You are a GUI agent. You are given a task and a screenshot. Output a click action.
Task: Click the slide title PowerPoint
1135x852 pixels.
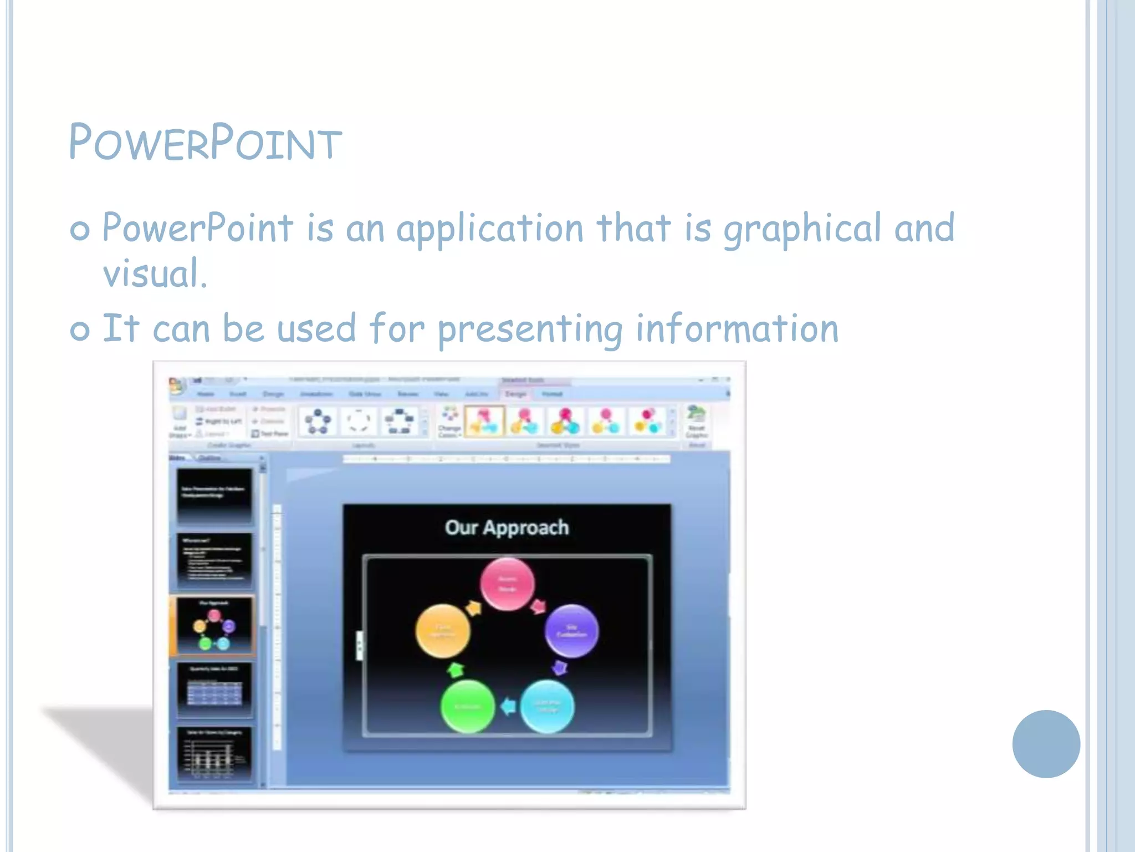tap(205, 143)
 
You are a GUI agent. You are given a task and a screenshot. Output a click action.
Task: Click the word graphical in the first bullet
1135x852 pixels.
tap(802, 229)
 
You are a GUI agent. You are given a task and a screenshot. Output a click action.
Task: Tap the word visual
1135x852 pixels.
tap(155, 273)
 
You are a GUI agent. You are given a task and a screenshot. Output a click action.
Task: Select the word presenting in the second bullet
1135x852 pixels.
tap(530, 329)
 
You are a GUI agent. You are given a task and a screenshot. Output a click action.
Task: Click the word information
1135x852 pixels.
tap(737, 328)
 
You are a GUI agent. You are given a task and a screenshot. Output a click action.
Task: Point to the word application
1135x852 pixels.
tap(489, 229)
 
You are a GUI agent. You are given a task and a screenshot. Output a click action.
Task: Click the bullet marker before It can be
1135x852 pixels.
tap(80, 331)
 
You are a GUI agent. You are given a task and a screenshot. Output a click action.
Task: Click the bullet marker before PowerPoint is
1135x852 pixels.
tap(80, 230)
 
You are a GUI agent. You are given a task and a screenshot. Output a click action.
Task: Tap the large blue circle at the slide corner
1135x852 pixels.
tap(1046, 744)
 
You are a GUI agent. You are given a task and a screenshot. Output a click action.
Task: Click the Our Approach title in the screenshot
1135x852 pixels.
tap(507, 528)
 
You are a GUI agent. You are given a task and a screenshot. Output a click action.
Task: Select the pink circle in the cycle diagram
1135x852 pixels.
tap(507, 584)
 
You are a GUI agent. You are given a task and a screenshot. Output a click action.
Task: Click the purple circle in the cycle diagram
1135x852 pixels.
tap(571, 631)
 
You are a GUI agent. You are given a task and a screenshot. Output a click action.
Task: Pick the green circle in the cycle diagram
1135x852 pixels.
tap(467, 706)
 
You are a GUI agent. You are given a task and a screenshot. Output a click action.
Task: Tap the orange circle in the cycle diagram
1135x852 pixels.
tap(442, 631)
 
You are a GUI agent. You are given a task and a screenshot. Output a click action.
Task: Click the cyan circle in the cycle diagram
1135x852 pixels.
tap(547, 706)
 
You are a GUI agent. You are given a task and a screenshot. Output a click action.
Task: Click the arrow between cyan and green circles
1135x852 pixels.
tap(508, 706)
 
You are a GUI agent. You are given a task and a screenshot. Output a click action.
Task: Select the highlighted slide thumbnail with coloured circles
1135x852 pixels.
tap(214, 626)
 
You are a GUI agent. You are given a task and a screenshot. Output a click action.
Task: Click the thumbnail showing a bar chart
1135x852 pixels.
tap(214, 754)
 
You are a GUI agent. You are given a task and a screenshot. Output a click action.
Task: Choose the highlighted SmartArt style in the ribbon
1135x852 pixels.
tap(484, 421)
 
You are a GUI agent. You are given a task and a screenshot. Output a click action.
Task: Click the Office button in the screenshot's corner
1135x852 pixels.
tap(177, 386)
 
